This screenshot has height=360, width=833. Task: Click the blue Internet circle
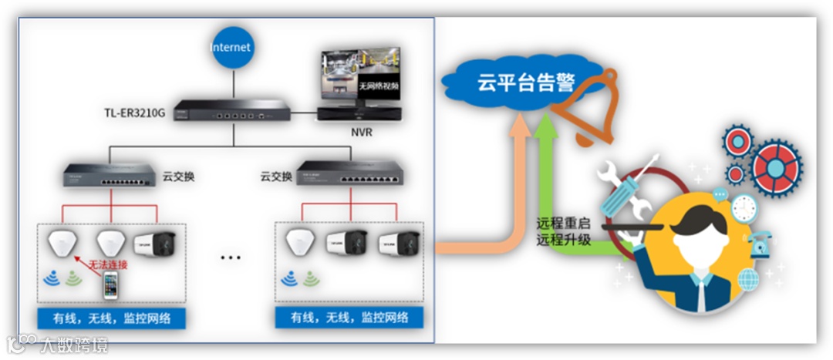click(x=231, y=48)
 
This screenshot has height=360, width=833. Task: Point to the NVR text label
click(x=360, y=132)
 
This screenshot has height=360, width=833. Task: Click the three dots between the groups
click(x=231, y=257)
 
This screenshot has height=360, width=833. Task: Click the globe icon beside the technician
click(x=748, y=279)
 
